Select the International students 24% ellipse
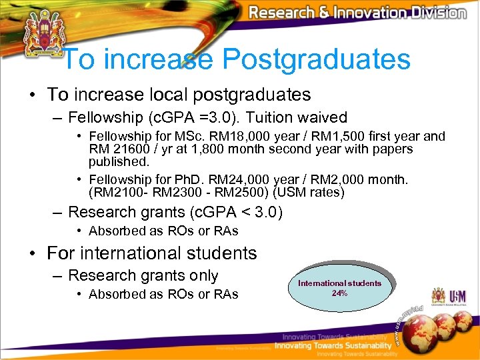pyautogui.click(x=339, y=288)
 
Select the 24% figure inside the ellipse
pyautogui.click(x=339, y=293)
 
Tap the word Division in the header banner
pyautogui.click(x=436, y=13)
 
